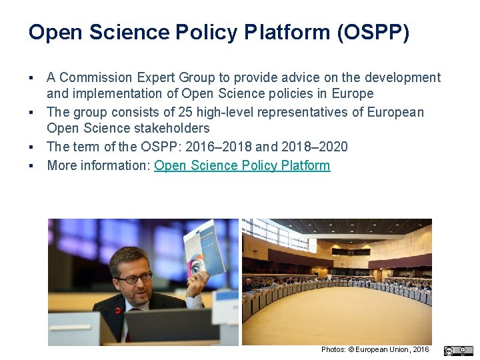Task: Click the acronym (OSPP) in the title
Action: [x=373, y=32]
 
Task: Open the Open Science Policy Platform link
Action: [x=242, y=165]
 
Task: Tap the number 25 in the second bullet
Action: [x=177, y=112]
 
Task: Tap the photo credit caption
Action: [x=375, y=349]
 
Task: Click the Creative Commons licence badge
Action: [x=458, y=351]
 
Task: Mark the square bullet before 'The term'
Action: [x=31, y=147]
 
